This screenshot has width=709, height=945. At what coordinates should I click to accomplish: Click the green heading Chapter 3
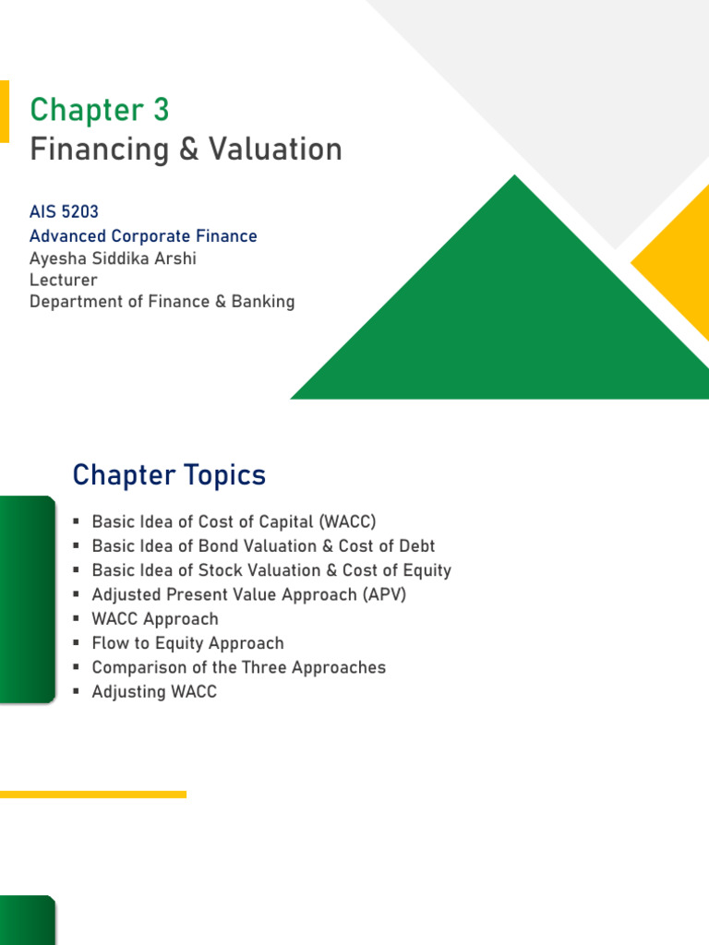pos(100,110)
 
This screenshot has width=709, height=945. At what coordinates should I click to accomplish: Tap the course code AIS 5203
pos(64,212)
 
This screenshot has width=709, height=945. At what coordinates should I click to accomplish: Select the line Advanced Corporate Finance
pos(143,236)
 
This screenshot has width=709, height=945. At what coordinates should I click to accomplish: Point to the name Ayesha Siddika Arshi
pos(113,258)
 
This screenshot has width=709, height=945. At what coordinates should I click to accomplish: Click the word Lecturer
pos(63,280)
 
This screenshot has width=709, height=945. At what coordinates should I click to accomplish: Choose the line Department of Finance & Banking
pos(162,302)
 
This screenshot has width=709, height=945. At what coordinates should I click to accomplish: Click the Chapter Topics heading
pos(169,476)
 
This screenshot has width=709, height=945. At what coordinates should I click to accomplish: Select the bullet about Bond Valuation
pos(263,546)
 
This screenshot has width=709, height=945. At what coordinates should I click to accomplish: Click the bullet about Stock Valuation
pos(271,570)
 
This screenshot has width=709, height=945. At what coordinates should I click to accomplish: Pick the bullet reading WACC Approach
pos(155,619)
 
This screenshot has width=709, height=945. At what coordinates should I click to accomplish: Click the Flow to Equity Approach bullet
pos(187,643)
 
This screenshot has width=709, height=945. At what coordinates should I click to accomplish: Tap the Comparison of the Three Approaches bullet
pos(238,667)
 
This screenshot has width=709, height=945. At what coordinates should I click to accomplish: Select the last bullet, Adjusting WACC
pos(154,691)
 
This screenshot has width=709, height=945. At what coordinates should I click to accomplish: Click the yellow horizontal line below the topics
pos(92,794)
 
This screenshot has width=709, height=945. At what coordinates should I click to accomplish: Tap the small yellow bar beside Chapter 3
pos(4,111)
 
